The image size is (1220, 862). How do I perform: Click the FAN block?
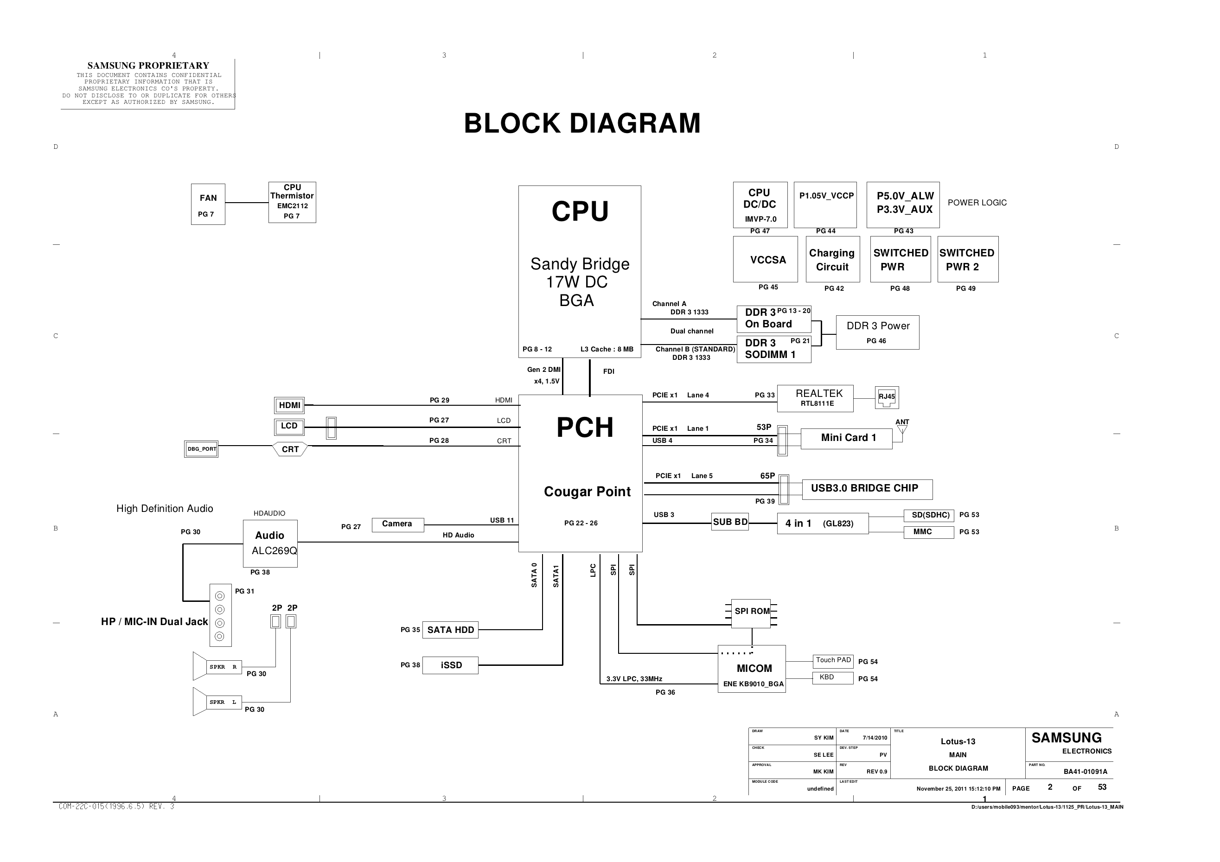208,204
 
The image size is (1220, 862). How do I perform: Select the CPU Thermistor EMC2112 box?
292,202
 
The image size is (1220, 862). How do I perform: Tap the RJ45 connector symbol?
887,397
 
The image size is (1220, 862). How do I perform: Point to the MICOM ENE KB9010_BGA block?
752,669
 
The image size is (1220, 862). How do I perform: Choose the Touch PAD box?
833,661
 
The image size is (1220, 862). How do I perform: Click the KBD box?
833,678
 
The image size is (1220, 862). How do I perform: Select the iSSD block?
451,665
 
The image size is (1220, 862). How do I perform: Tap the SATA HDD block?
451,630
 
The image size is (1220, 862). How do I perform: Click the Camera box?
398,524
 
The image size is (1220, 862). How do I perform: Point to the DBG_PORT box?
201,449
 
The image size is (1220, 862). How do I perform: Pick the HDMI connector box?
290,405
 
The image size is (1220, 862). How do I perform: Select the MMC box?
929,532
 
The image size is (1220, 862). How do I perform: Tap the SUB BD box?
730,523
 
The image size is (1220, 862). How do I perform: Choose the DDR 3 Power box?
878,332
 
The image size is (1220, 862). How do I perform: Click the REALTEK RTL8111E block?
816,399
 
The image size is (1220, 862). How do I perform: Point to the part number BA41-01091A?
1086,772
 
